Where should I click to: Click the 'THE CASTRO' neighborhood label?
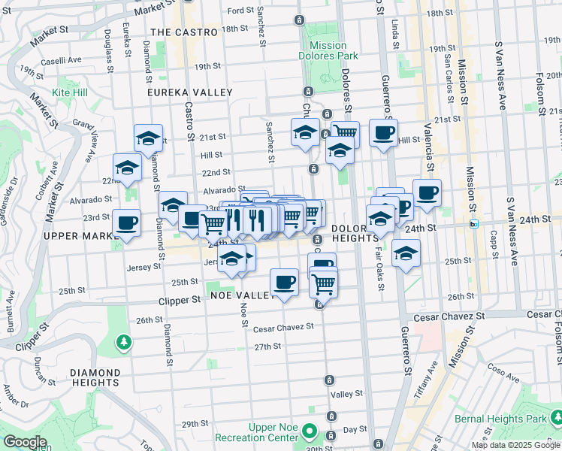point(183,32)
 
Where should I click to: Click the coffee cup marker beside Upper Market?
point(126,222)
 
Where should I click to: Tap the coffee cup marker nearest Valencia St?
point(427,192)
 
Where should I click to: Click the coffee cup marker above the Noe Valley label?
point(284,282)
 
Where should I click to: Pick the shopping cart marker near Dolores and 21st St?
point(345,132)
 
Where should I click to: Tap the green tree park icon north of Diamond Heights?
point(123,343)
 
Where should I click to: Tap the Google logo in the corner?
point(25,443)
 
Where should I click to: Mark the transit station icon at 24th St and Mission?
point(474,223)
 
